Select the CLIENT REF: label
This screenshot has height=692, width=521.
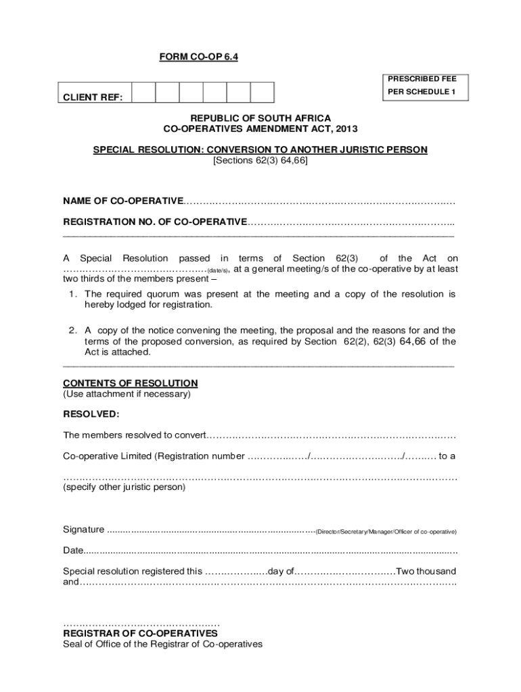coord(93,99)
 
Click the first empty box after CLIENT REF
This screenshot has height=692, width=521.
coord(143,92)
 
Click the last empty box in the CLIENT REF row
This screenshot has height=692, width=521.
coord(262,92)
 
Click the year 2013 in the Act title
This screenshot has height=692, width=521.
coord(344,128)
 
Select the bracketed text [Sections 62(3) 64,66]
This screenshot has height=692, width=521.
coord(260,161)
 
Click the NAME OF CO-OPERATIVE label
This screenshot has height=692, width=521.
coord(123,201)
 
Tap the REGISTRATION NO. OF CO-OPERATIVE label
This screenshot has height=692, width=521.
coord(155,222)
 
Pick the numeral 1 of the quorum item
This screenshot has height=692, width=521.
coord(72,294)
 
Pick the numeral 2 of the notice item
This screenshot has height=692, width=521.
coord(72,330)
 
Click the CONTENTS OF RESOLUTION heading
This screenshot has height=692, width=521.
coord(131,383)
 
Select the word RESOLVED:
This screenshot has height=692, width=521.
coord(91,414)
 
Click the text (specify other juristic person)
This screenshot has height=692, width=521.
coord(124,487)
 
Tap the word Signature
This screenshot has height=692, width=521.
coord(84,529)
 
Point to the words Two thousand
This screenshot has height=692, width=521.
coord(426,570)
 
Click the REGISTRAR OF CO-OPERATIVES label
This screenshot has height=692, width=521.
coord(140,634)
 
